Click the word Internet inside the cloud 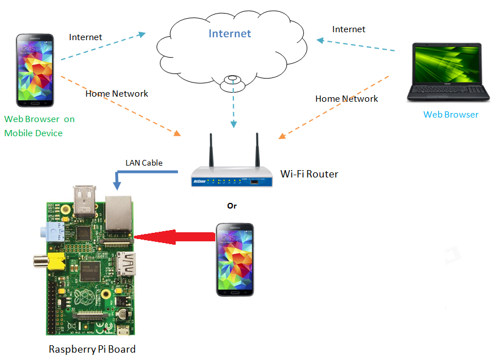[229, 33]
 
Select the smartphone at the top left [36, 70]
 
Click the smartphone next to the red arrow [235, 259]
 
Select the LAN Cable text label [143, 163]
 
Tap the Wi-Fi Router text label [309, 174]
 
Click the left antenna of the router [211, 150]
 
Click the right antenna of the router [257, 150]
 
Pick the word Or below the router [232, 206]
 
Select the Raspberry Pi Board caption [92, 349]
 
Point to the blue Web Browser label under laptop [451, 115]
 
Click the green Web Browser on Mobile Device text [39, 126]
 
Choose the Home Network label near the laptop [346, 98]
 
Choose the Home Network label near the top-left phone [116, 93]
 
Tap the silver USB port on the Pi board [85, 201]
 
